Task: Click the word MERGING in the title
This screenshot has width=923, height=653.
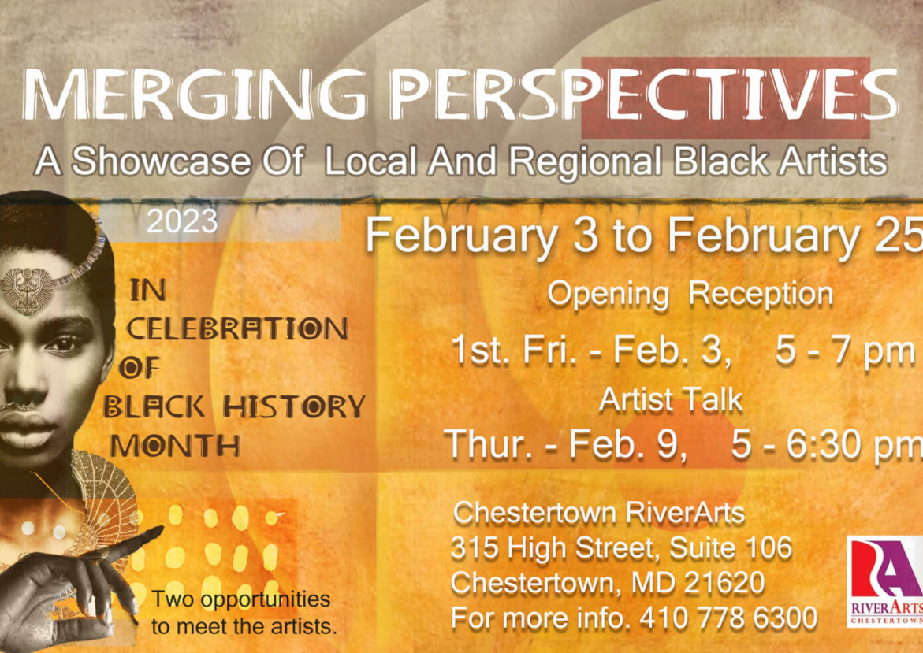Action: click(195, 95)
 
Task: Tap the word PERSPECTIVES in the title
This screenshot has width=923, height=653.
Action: click(645, 94)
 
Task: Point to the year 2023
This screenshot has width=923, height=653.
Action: click(182, 221)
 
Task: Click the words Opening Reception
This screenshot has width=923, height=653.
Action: click(690, 294)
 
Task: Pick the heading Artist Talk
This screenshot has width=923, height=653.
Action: click(671, 400)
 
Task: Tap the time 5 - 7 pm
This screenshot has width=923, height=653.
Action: click(845, 351)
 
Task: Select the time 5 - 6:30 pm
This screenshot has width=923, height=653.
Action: click(827, 444)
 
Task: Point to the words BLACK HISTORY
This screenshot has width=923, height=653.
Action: click(234, 406)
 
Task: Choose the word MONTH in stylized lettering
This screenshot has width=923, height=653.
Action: click(175, 445)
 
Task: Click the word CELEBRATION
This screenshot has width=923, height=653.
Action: click(238, 328)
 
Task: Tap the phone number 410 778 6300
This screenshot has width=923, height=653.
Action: click(728, 618)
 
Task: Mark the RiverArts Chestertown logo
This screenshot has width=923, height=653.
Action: click(884, 581)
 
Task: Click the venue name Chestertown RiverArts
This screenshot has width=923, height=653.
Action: click(599, 513)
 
